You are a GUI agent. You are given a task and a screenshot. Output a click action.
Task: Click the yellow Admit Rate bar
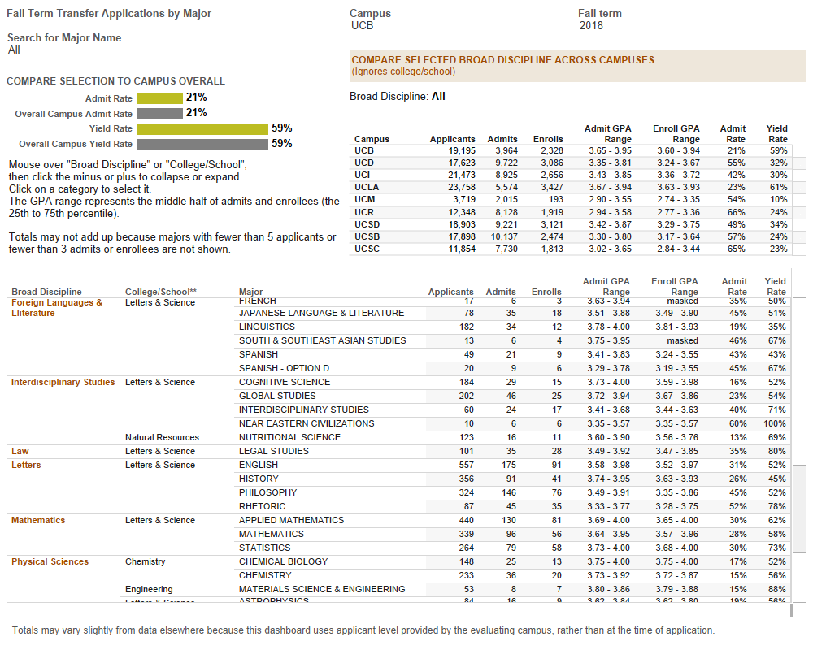click(159, 97)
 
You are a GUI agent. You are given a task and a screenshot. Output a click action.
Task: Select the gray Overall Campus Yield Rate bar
click(202, 144)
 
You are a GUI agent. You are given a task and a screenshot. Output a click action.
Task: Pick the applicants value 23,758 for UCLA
click(457, 187)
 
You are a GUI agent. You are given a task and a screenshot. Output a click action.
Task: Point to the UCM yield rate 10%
click(778, 199)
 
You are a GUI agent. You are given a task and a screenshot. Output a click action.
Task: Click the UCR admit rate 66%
click(735, 211)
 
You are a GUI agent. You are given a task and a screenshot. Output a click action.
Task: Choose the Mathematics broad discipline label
click(38, 520)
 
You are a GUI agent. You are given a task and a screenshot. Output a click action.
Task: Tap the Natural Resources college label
click(162, 437)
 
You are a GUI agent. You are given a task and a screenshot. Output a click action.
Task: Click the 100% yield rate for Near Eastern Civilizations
click(775, 423)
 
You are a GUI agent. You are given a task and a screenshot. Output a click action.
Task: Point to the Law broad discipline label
click(20, 451)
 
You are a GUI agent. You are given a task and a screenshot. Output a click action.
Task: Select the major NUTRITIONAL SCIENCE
click(289, 437)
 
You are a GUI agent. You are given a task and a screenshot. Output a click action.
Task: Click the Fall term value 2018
click(591, 26)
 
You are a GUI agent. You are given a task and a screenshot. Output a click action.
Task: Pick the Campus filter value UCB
click(362, 26)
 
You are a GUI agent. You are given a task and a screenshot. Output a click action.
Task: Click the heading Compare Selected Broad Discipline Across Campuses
click(502, 60)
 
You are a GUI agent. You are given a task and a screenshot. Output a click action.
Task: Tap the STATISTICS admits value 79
click(510, 548)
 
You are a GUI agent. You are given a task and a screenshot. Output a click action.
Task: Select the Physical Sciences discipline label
click(50, 561)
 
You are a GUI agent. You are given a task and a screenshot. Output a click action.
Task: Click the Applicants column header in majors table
click(450, 292)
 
